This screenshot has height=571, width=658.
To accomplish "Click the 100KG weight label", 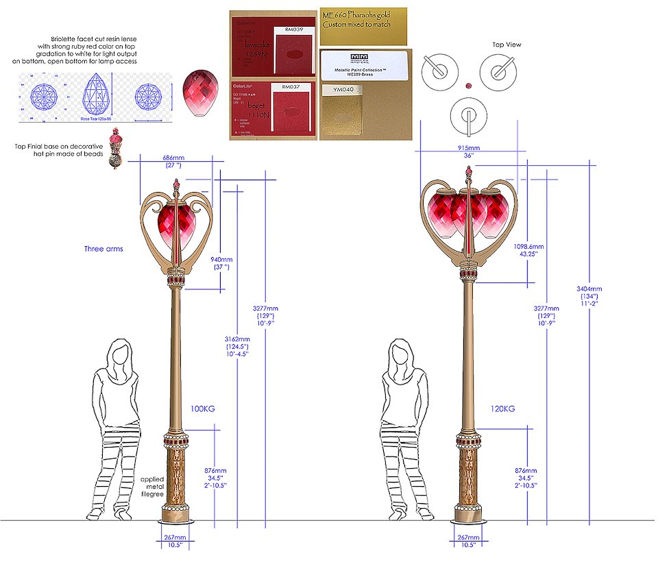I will coord(203,409).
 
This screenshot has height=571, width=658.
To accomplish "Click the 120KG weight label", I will coord(502,409).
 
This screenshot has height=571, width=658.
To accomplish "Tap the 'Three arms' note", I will coord(103,249).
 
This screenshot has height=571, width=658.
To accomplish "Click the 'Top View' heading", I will coord(507,45).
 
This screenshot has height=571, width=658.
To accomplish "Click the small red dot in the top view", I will coord(469,86).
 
